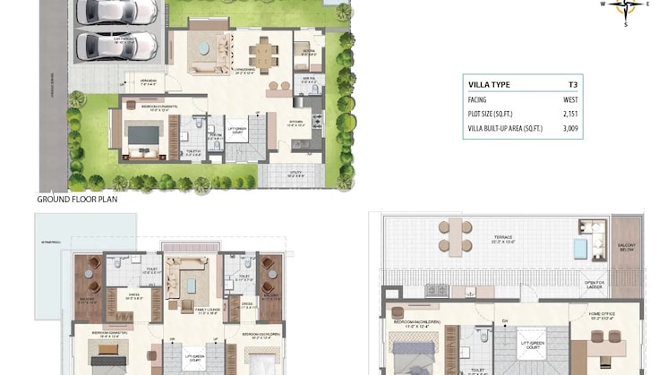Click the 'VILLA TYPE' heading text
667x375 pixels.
[490, 84]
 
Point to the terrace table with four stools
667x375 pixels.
[456, 234]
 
